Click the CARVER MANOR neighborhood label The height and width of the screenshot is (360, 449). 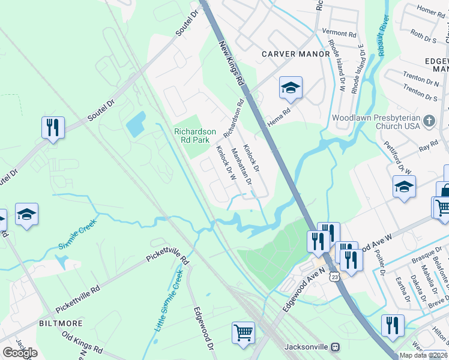[296, 54]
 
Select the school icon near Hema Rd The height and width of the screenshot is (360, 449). [291, 88]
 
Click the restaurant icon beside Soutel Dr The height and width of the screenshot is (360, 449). [53, 127]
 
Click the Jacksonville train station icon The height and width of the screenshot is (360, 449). [336, 347]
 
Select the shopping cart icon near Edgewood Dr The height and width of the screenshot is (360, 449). [243, 332]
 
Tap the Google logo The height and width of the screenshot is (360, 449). [20, 353]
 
